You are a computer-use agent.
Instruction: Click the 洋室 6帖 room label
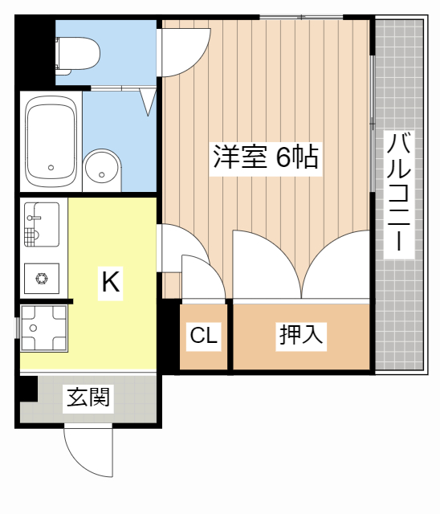265,157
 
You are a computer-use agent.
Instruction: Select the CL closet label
204,336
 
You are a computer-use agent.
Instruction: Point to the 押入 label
301,335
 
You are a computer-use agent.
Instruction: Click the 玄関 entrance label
88,397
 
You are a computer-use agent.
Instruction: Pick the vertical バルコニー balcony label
399,194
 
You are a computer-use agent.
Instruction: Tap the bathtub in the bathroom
51,141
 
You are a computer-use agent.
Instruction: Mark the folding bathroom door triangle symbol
149,101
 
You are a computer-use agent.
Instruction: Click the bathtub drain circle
51,168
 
